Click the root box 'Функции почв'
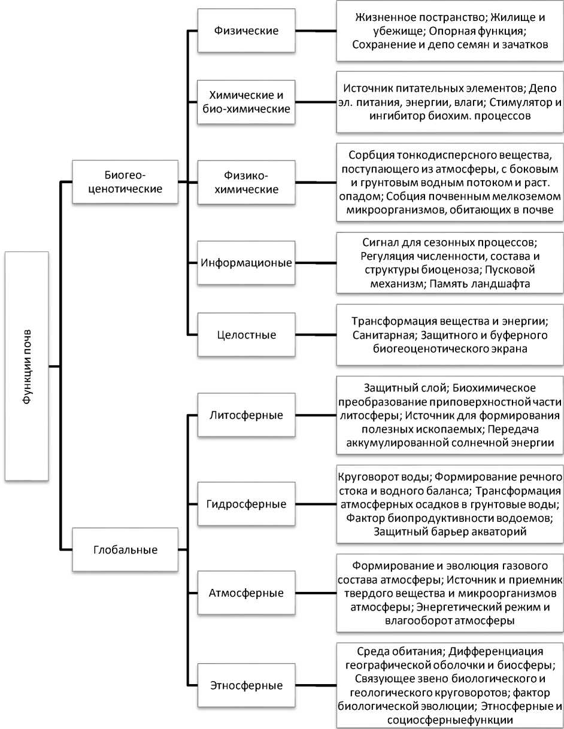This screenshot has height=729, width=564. [x=27, y=366]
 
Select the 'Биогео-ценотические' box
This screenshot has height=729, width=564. [x=125, y=181]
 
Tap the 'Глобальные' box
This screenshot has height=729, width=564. [x=125, y=549]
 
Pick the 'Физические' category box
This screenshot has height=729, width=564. [x=246, y=31]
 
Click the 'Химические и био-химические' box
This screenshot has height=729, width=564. [x=246, y=102]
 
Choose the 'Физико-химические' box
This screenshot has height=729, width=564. [x=246, y=182]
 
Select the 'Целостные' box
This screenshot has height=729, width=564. [x=246, y=335]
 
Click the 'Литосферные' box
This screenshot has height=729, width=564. [x=246, y=415]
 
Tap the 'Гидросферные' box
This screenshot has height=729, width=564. [x=246, y=503]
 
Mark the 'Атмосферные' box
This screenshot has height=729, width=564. [x=246, y=593]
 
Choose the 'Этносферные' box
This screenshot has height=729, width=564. [x=246, y=685]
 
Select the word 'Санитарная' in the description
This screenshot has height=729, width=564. [x=381, y=335]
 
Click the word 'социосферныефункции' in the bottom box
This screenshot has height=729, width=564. [x=450, y=719]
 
